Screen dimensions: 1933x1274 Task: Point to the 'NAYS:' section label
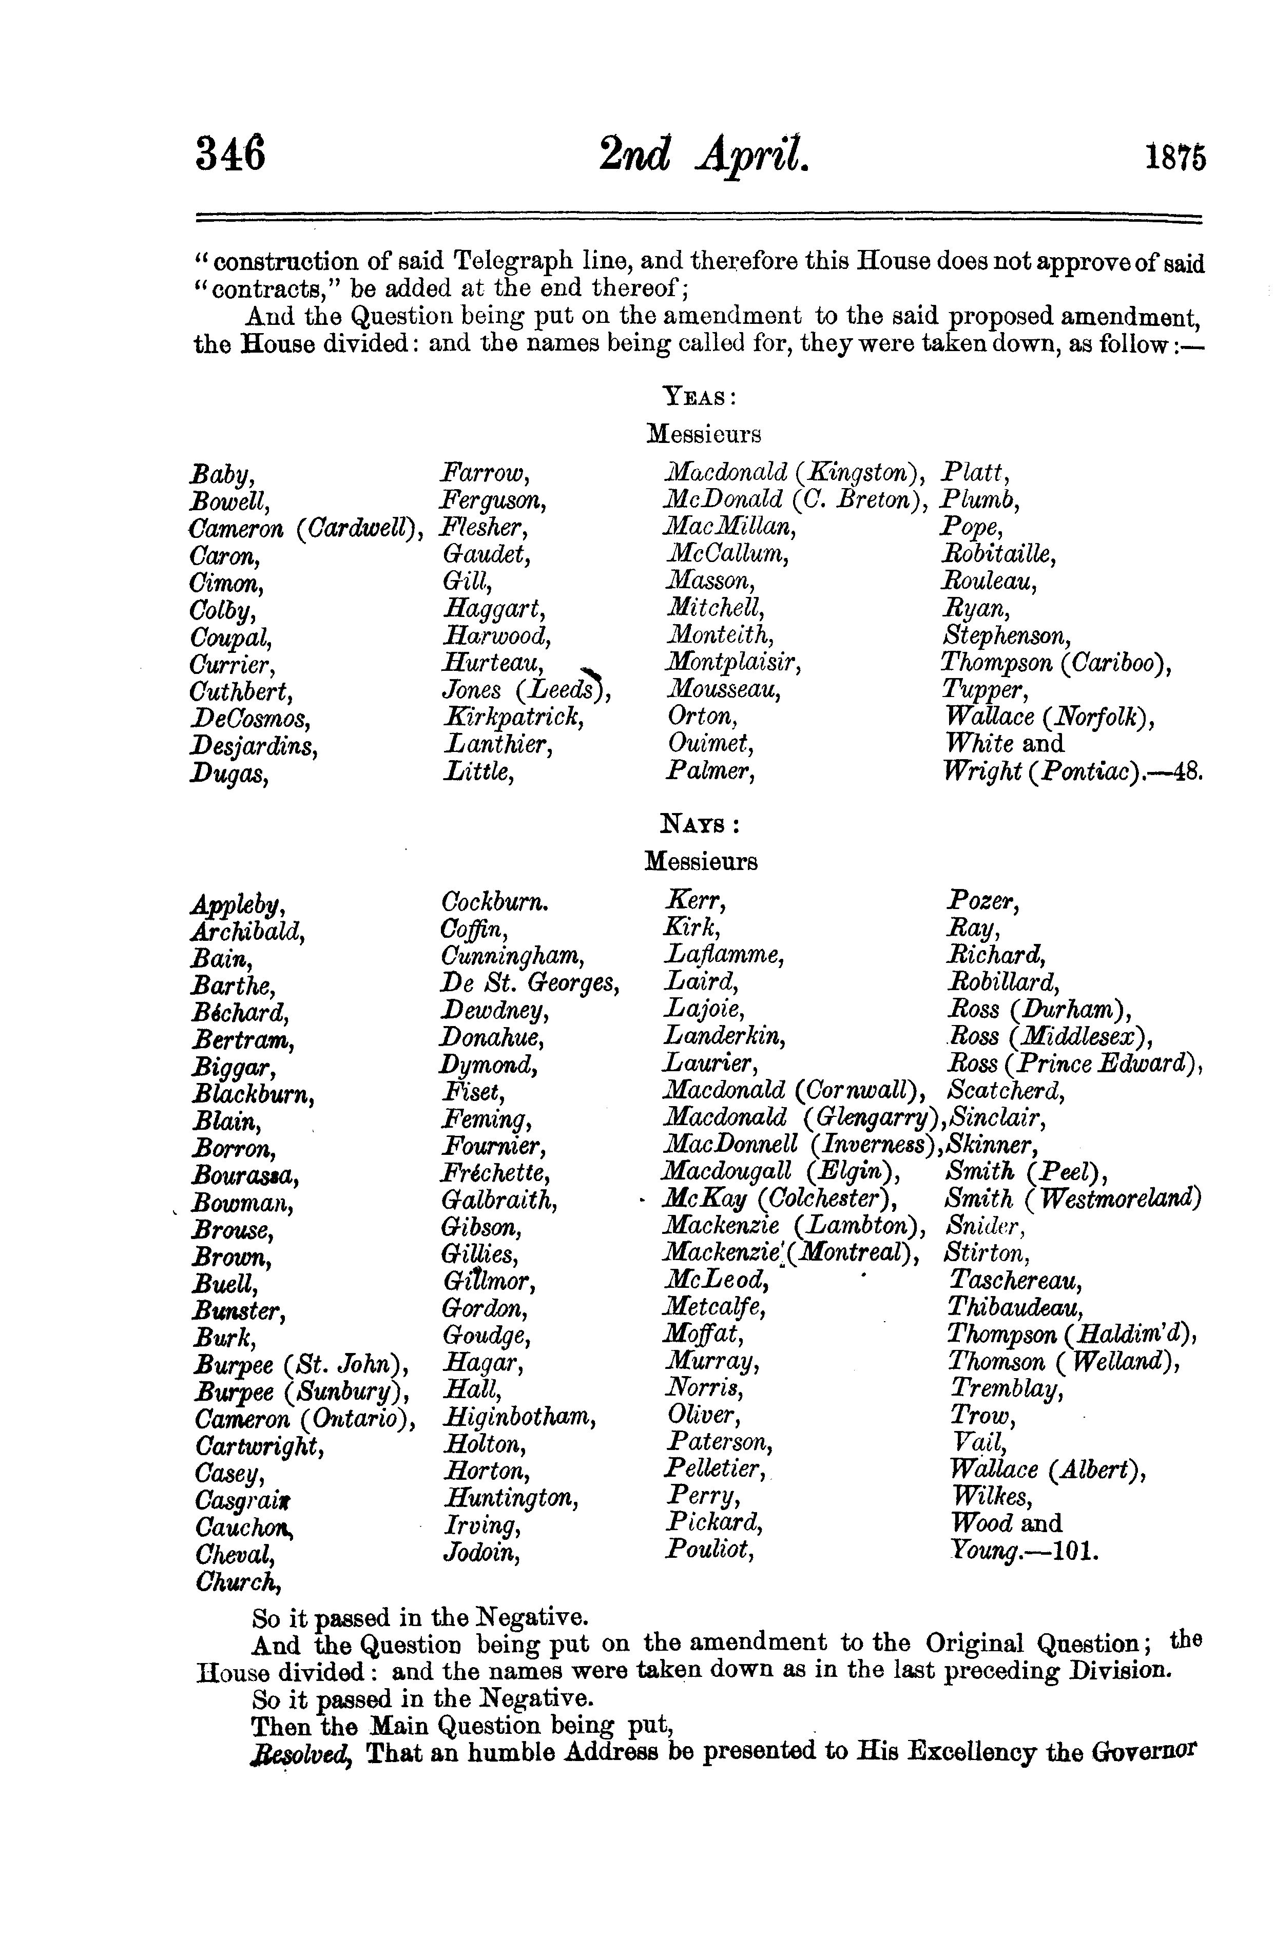700,825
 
